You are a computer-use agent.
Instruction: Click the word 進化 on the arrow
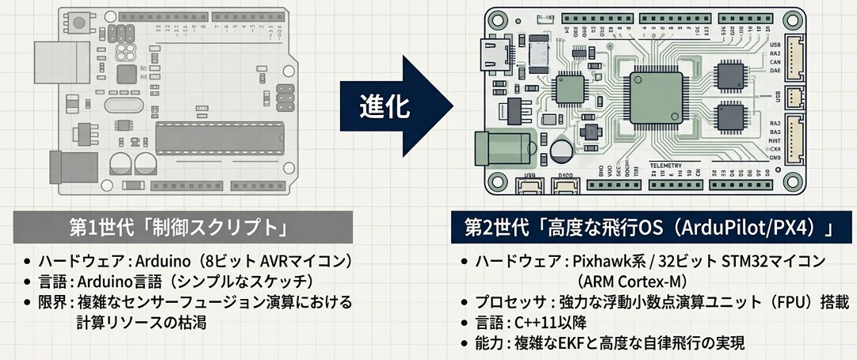[x=386, y=106]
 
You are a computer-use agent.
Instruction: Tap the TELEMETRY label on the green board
[x=664, y=166]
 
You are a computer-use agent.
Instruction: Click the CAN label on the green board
[x=775, y=62]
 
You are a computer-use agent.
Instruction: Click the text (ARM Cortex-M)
[x=632, y=281]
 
